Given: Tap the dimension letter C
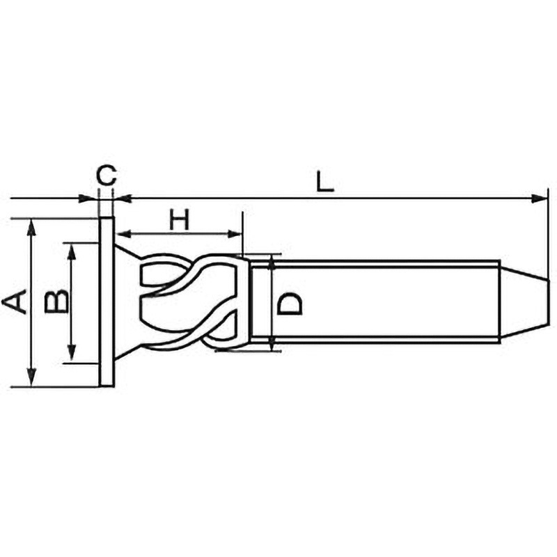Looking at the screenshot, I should click(x=106, y=175).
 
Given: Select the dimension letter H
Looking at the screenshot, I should click(x=180, y=219).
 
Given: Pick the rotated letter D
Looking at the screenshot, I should click(x=290, y=303).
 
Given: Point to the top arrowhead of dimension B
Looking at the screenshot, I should click(x=70, y=249).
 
